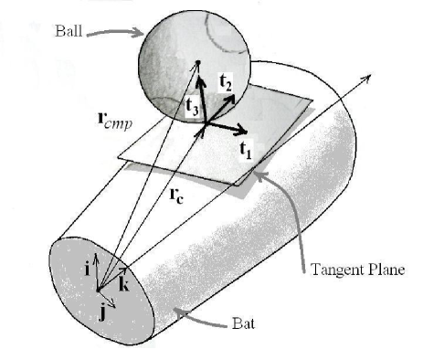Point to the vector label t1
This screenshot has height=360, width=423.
tap(246, 149)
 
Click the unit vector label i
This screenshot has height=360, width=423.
tap(84, 267)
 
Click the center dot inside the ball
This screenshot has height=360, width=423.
tap(197, 63)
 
